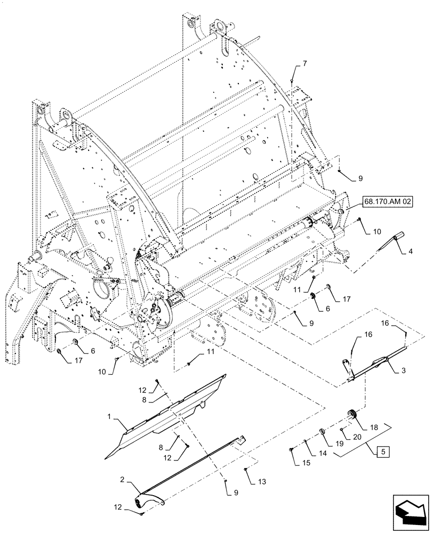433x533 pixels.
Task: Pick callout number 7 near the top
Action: click(304, 64)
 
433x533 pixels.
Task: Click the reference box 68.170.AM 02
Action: click(385, 202)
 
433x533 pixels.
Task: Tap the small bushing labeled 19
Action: click(324, 431)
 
